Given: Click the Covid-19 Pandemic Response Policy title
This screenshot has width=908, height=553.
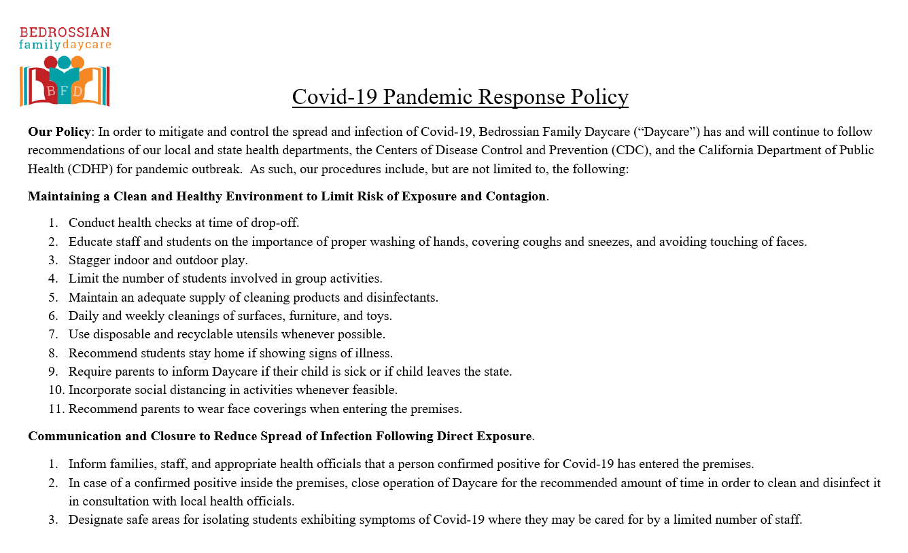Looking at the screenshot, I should click(460, 96).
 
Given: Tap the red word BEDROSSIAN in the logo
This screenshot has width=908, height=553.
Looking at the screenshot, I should click(65, 33).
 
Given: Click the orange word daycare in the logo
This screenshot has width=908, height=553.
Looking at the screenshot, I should click(87, 46).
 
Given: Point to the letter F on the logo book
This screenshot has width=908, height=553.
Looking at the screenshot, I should click(65, 91).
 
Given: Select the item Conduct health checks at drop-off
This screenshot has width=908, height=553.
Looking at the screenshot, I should click(184, 223).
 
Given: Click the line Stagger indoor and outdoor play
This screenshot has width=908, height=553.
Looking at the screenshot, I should click(158, 260).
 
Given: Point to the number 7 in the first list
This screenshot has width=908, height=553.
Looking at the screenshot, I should click(53, 334).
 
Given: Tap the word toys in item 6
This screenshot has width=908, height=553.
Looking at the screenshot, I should click(379, 316).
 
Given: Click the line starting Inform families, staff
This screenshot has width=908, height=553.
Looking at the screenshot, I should click(411, 465).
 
